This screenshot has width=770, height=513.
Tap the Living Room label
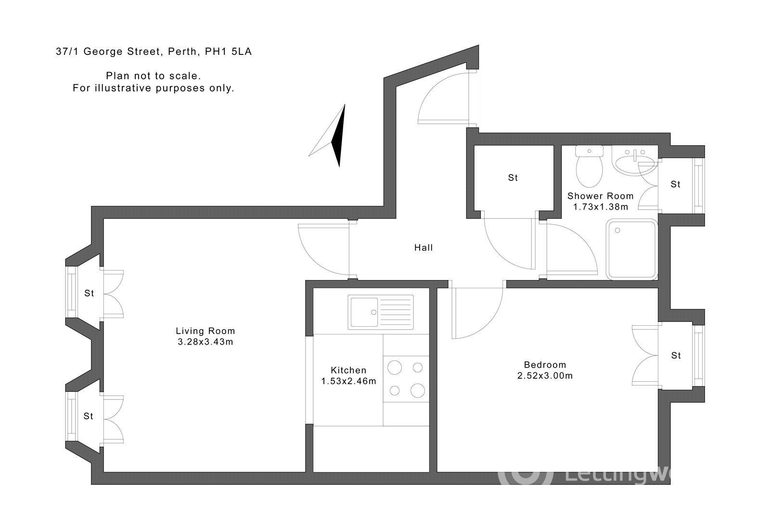point(205,331)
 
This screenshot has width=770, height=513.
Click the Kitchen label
point(348,370)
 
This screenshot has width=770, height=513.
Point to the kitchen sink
point(381,312)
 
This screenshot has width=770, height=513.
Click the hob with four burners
point(406,379)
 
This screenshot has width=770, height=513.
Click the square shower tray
point(631,249)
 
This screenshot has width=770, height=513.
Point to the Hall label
point(423,248)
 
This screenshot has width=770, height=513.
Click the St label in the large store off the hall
point(513,178)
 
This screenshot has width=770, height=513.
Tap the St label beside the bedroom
point(676,356)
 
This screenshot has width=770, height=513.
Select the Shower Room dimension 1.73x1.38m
point(600,207)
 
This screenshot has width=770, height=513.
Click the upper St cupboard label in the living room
point(89,293)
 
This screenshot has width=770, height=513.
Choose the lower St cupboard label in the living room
point(88,416)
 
